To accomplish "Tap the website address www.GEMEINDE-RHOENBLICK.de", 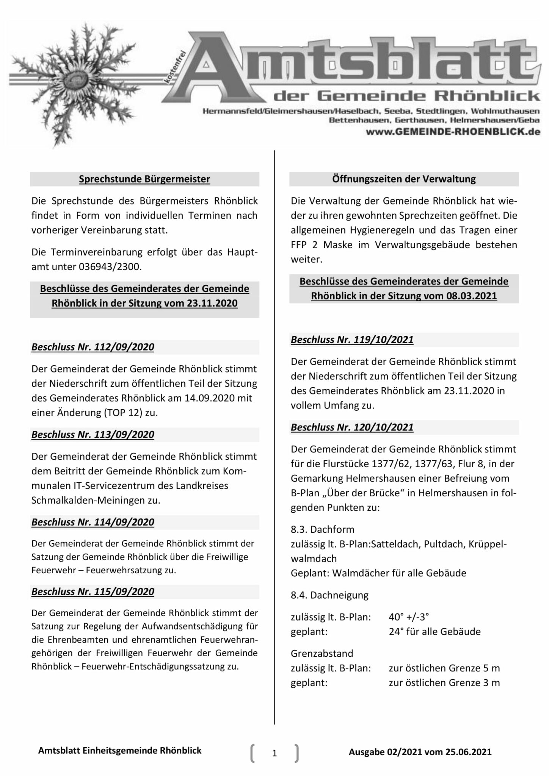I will point(453,132).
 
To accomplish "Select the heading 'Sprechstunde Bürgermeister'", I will point(144,179).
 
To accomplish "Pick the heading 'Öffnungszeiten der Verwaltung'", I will point(404,179).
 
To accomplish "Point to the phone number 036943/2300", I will point(110,267).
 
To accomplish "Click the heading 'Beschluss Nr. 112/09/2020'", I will point(93,347).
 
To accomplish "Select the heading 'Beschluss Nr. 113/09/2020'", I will point(93,435).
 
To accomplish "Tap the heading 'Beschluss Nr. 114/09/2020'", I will point(93,522).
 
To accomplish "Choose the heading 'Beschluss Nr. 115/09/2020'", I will point(93,591).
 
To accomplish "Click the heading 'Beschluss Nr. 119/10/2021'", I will point(352,340).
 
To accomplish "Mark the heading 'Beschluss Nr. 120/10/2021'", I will point(352,427).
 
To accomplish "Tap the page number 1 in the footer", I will point(274,754).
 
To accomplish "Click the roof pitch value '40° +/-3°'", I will point(409,617).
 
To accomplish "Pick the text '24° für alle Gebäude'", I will point(434,632).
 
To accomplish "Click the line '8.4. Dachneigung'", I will point(329,595).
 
